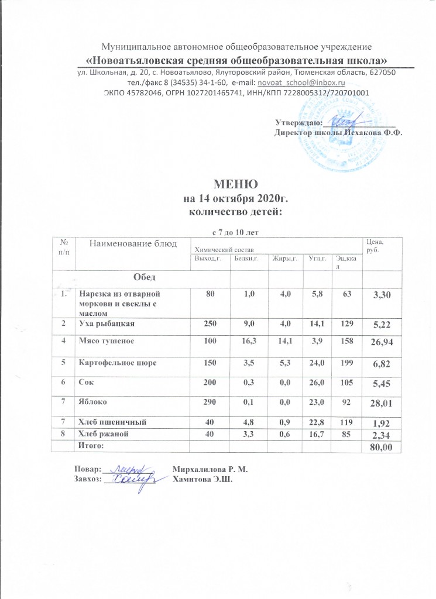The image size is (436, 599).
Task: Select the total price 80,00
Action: click(x=378, y=447)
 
